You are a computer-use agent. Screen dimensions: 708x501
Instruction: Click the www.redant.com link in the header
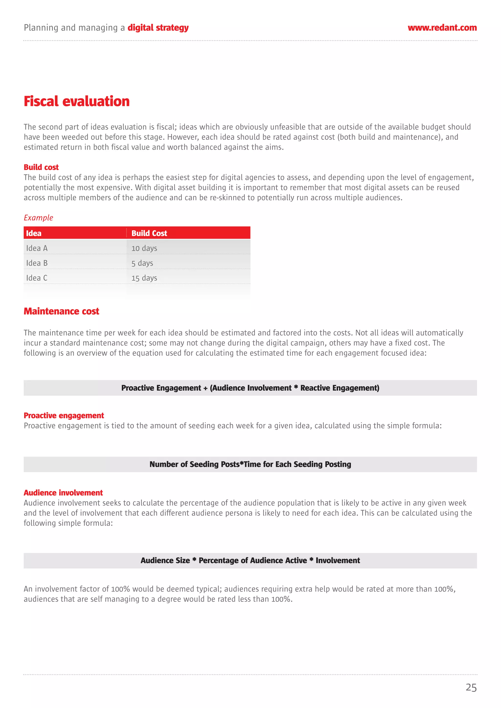[442, 28]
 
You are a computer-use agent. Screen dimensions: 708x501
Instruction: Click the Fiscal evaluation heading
[77, 101]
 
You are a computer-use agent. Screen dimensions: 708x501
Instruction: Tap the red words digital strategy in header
[158, 28]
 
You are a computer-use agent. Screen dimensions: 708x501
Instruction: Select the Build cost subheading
[41, 167]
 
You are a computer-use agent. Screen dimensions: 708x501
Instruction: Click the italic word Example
[38, 218]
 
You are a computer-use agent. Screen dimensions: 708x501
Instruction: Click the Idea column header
[34, 233]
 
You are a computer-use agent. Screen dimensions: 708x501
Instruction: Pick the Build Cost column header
[149, 233]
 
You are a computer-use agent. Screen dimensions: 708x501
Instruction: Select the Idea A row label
[37, 248]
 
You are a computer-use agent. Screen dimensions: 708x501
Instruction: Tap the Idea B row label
[37, 263]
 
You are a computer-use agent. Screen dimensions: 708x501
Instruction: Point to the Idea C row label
[37, 278]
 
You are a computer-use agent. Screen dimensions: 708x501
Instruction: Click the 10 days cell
[144, 248]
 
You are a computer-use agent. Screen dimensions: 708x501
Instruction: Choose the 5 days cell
[142, 263]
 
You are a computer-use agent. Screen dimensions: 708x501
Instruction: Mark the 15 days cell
[144, 278]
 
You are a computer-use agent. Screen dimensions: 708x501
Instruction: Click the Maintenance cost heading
[61, 311]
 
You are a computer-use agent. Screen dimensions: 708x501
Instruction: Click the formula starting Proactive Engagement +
[250, 388]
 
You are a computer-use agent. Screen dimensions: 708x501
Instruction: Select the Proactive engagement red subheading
[64, 415]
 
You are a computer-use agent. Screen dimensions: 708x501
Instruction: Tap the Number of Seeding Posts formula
[250, 464]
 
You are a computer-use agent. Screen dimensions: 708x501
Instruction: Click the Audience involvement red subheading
[63, 492]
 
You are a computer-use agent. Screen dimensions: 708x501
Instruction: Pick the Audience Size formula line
[250, 560]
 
